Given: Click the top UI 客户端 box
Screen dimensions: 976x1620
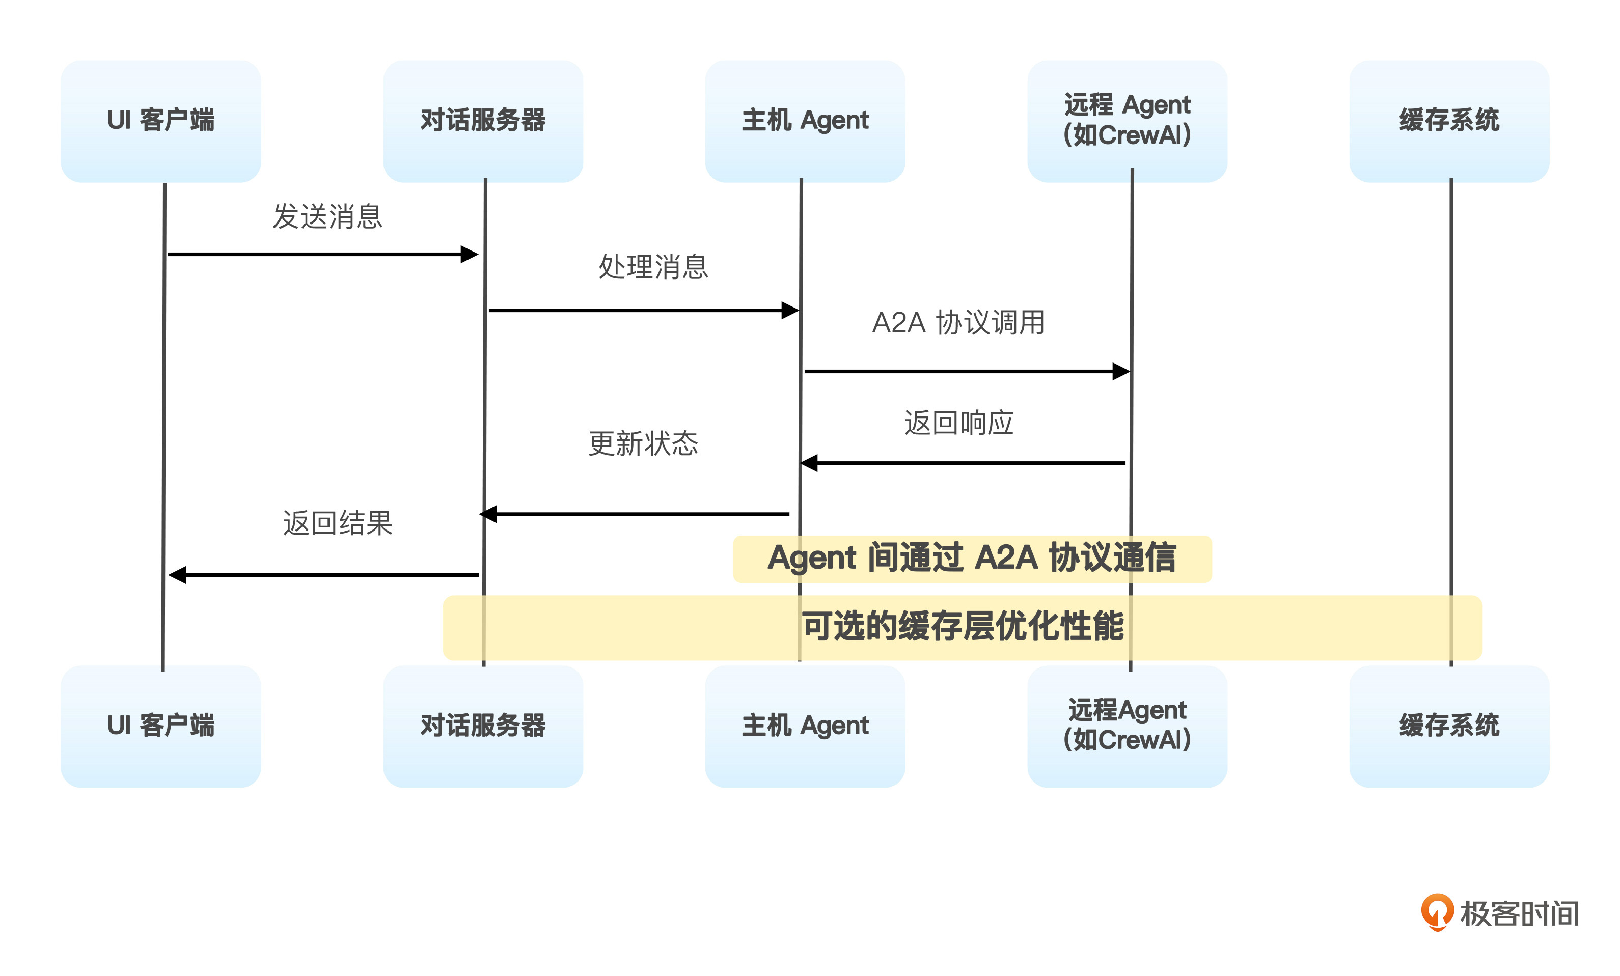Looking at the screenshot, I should (160, 121).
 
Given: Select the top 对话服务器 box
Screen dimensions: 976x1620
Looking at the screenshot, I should (483, 121).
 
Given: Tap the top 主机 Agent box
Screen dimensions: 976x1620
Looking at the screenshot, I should (805, 121).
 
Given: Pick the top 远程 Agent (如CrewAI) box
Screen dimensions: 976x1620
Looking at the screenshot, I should (1127, 121).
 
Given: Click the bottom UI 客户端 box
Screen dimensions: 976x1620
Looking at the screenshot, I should (160, 726).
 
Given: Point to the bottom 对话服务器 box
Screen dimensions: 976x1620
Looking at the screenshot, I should (483, 726).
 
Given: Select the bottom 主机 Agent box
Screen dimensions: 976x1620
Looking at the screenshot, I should (805, 726).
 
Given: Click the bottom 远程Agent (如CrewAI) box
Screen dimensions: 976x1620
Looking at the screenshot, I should (1127, 726).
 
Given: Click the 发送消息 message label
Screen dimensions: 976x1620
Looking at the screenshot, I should (327, 216).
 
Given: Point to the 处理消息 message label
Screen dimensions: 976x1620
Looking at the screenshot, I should (653, 267).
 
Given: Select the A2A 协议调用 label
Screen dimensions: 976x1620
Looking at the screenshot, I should (958, 323).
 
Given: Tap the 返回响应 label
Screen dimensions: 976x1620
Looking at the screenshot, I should (958, 423).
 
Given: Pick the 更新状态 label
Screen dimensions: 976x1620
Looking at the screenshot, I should (643, 443).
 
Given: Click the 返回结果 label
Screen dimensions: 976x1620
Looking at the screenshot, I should (337, 523).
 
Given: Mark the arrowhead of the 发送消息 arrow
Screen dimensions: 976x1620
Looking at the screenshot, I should (470, 255).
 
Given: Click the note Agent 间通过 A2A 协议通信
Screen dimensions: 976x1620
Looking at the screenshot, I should (972, 559).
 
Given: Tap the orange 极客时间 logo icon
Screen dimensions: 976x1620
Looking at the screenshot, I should (1437, 911).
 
